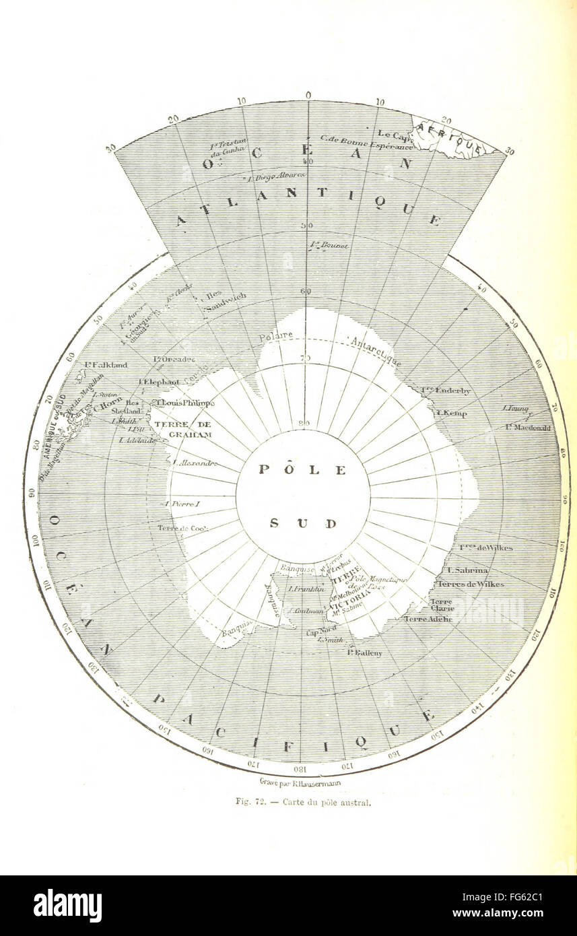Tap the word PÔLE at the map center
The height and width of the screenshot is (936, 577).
302,470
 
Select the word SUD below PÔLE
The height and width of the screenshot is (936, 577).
302,523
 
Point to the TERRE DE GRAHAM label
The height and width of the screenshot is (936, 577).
183,430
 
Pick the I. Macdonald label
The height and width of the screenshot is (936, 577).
529,428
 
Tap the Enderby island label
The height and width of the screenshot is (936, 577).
446,390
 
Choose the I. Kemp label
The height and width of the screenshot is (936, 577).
452,413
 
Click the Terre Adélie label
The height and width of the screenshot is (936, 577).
426,618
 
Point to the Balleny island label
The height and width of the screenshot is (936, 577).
365,653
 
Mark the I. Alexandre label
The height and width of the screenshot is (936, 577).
195,463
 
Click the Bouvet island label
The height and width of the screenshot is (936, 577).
329,246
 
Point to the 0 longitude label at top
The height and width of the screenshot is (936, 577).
308,95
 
